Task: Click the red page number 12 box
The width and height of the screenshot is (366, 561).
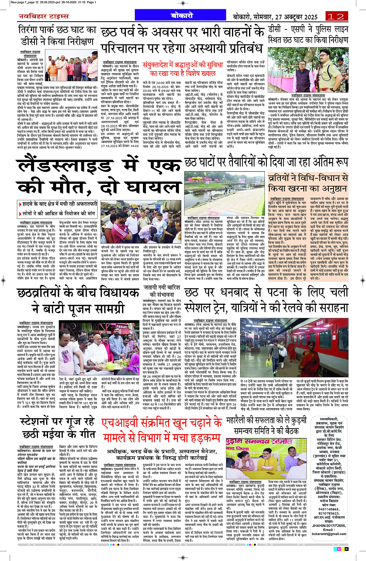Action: click(x=335, y=16)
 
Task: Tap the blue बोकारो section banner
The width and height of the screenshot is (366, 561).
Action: click(x=182, y=16)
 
